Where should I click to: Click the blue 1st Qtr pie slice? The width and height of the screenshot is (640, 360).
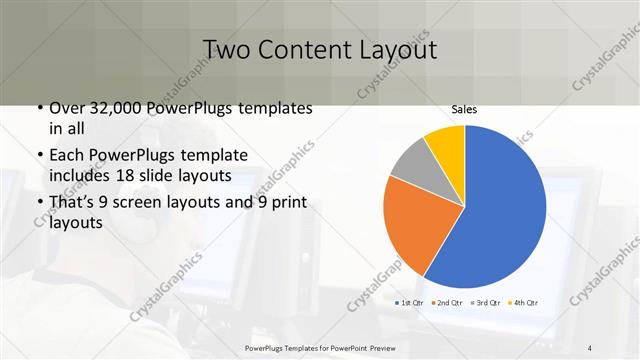500,210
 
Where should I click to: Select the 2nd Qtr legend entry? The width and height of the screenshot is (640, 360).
449,302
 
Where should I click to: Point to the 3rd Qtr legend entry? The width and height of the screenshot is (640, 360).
487,302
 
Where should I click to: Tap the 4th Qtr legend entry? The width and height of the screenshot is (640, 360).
525,302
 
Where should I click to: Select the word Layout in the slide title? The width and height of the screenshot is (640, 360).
394,50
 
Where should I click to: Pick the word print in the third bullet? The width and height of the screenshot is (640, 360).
288,203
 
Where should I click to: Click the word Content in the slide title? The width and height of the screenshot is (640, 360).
302,50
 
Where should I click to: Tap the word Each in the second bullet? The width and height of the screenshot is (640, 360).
68,155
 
